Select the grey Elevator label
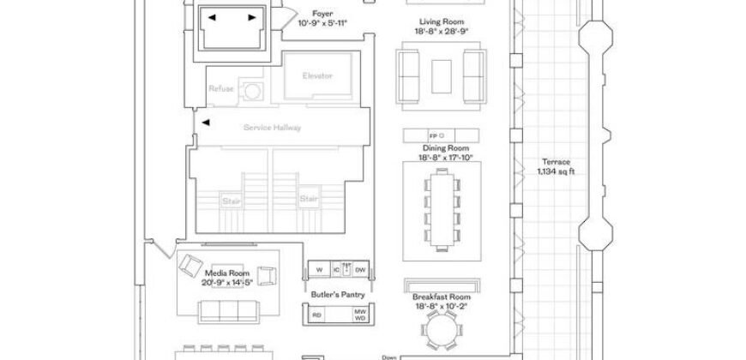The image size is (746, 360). (x=317, y=75)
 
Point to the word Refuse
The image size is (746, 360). (x=221, y=89)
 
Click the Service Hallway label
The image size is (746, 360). (x=273, y=128)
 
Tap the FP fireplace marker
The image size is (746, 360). (x=433, y=135)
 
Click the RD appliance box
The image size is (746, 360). (x=317, y=314)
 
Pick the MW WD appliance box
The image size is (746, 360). (x=361, y=314)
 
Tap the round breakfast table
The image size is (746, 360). (x=442, y=327)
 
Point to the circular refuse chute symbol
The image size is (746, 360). (x=252, y=90)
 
